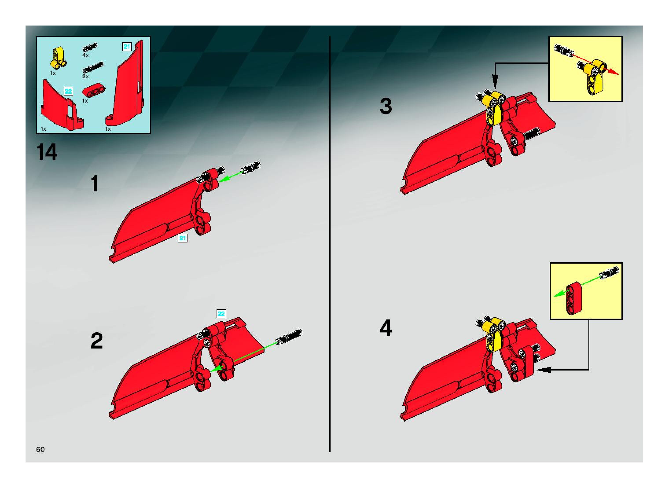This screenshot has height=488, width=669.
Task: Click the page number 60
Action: coord(40,449)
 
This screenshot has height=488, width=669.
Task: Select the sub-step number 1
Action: coord(95,183)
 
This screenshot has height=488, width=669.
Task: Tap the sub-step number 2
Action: coord(97,341)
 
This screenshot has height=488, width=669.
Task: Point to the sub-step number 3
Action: coord(386,106)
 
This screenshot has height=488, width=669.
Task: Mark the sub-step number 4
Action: coord(386,328)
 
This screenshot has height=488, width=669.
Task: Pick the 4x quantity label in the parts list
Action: coord(85,55)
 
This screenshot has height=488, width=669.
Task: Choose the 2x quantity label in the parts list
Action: coord(85,77)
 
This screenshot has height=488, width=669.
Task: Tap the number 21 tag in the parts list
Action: coord(127,47)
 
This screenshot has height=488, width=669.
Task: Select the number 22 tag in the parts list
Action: coord(68,91)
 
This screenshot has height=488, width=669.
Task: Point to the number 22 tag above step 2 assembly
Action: coord(221,314)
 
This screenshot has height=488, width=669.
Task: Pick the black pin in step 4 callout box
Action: coord(609,272)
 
